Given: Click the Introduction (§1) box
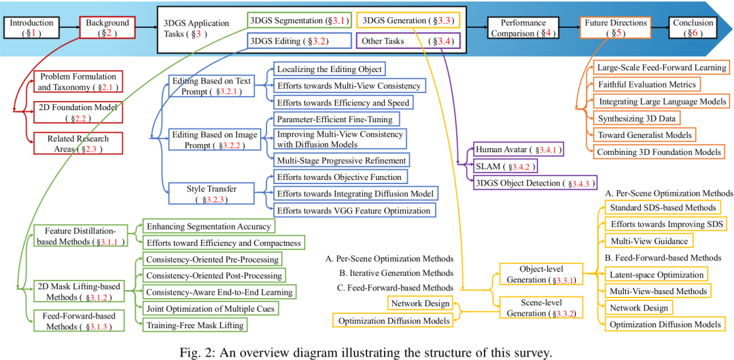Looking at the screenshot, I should click(x=31, y=27).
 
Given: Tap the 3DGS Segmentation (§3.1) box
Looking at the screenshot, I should click(x=299, y=20).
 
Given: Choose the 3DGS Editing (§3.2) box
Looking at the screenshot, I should click(x=289, y=41).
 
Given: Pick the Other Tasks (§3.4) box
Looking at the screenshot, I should click(x=408, y=41).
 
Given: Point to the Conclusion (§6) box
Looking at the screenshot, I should click(x=693, y=27).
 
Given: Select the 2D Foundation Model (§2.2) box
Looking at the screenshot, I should click(x=78, y=112).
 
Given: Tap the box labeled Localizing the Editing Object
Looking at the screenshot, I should click(x=329, y=69).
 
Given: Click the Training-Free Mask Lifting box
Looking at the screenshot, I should click(x=194, y=325).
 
